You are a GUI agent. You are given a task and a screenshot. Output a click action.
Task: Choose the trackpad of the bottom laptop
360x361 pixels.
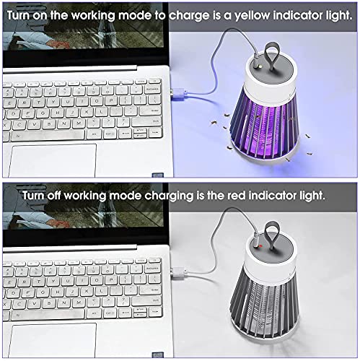click(x=54, y=339)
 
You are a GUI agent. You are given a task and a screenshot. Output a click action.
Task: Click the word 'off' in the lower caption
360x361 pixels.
click(x=61, y=195)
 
